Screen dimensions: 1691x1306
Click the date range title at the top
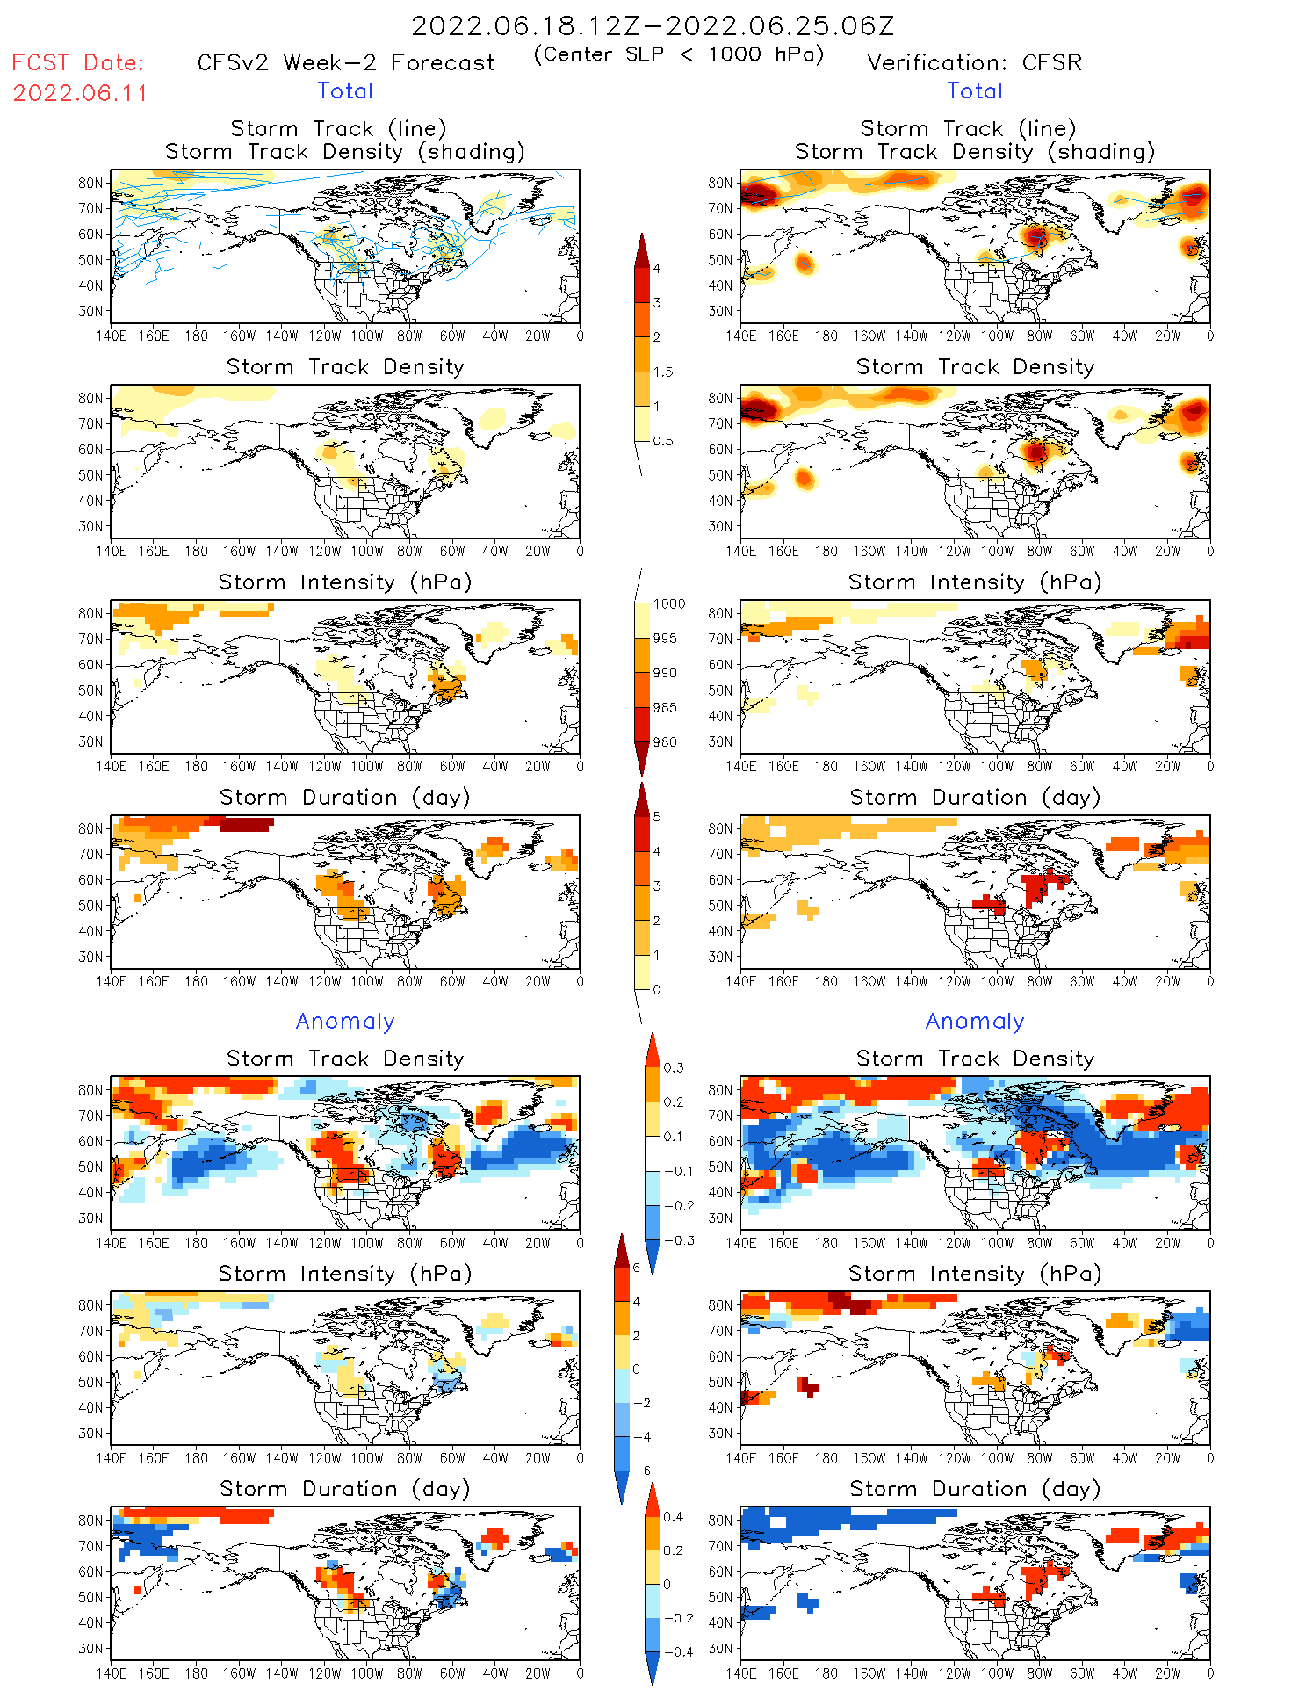[653, 26]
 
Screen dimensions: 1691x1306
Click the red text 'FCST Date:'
[78, 63]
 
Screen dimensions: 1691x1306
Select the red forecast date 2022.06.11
[80, 93]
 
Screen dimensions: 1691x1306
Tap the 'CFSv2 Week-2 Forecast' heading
[346, 63]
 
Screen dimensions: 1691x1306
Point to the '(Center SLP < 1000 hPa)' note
[679, 54]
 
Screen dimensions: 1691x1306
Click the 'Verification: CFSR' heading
[974, 63]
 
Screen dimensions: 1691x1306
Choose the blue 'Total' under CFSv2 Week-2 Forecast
[345, 90]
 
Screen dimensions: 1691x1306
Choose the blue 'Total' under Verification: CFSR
[975, 90]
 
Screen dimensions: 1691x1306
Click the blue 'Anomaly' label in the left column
[345, 1021]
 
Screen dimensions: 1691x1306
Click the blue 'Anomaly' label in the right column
[975, 1021]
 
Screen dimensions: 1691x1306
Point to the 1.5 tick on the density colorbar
[663, 372]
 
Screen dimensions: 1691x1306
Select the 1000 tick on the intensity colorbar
[669, 604]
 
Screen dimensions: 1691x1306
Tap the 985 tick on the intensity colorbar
[665, 708]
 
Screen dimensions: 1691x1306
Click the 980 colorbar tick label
[665, 742]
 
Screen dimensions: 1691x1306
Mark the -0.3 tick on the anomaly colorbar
[678, 1240]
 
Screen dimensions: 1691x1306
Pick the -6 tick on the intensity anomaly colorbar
[641, 1471]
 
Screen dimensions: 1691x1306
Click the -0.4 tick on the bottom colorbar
[673, 1651]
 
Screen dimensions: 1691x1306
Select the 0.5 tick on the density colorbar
[663, 441]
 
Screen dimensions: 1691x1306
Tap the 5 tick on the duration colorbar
[657, 817]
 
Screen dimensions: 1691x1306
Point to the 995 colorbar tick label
[665, 639]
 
